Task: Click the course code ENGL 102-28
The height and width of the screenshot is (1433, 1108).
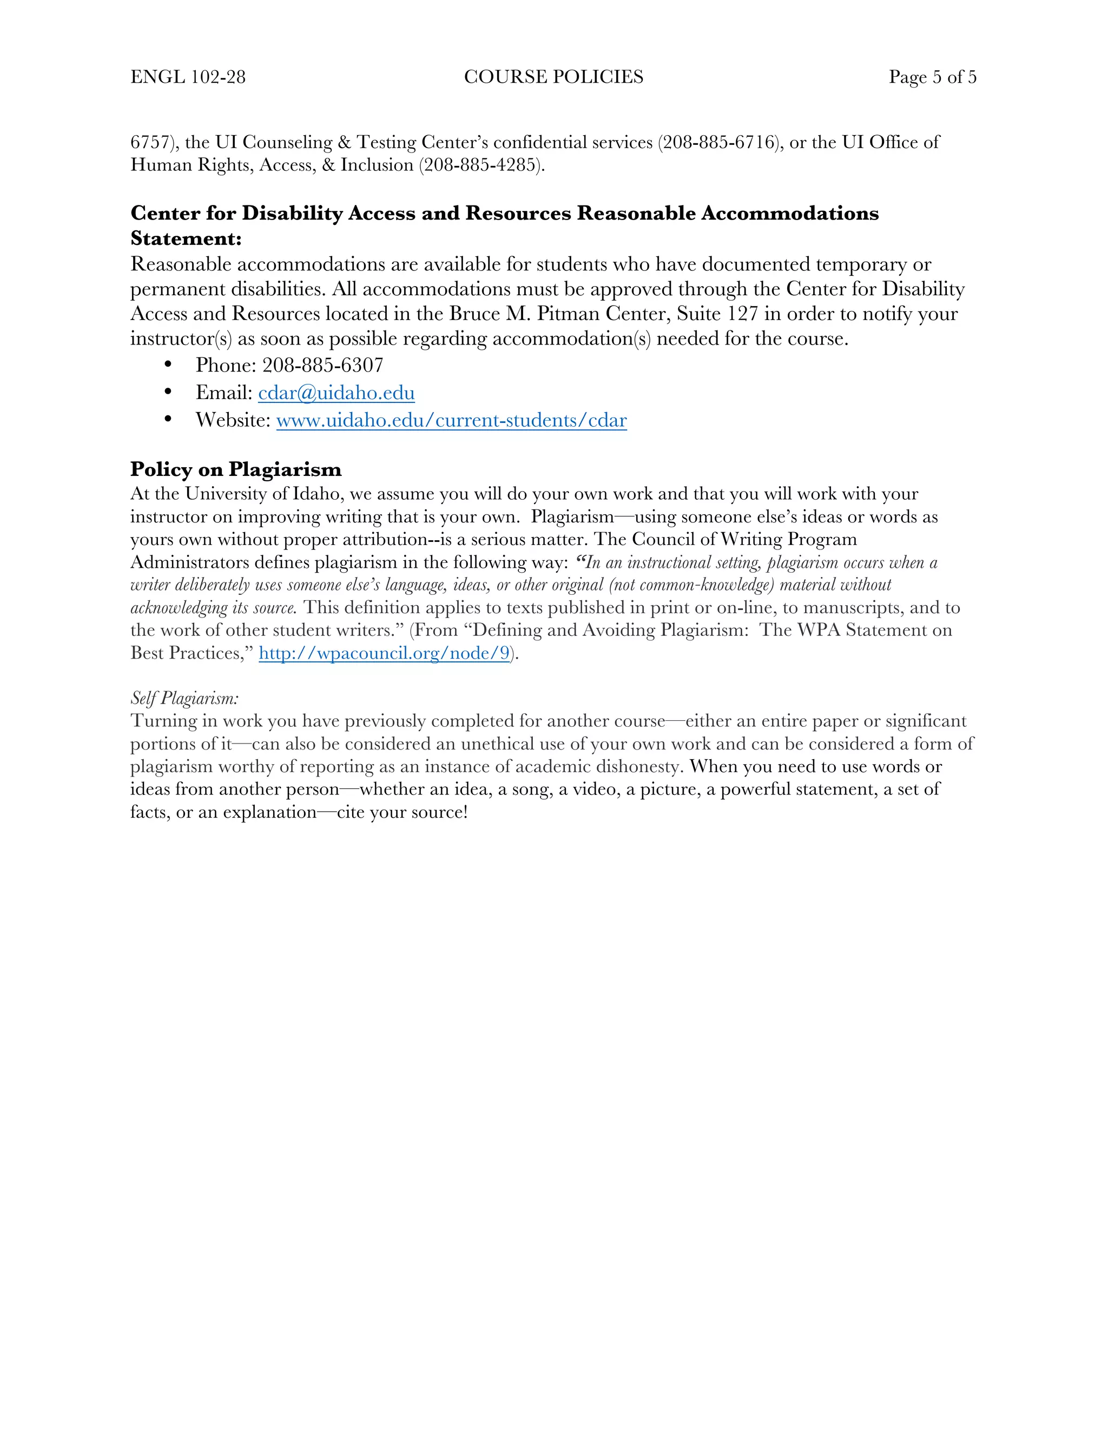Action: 188,77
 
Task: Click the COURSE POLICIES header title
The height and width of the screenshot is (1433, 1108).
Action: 553,77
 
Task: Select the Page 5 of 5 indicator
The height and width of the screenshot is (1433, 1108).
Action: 932,77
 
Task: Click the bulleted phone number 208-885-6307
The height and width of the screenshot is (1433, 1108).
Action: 322,365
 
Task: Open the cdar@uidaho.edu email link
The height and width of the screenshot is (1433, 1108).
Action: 336,393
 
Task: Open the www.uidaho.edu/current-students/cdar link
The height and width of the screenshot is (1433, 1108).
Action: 452,420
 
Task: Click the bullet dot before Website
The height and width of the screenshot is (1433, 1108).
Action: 168,419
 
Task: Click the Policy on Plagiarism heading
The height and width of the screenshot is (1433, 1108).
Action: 236,469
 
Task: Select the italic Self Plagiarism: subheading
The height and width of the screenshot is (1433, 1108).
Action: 184,698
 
